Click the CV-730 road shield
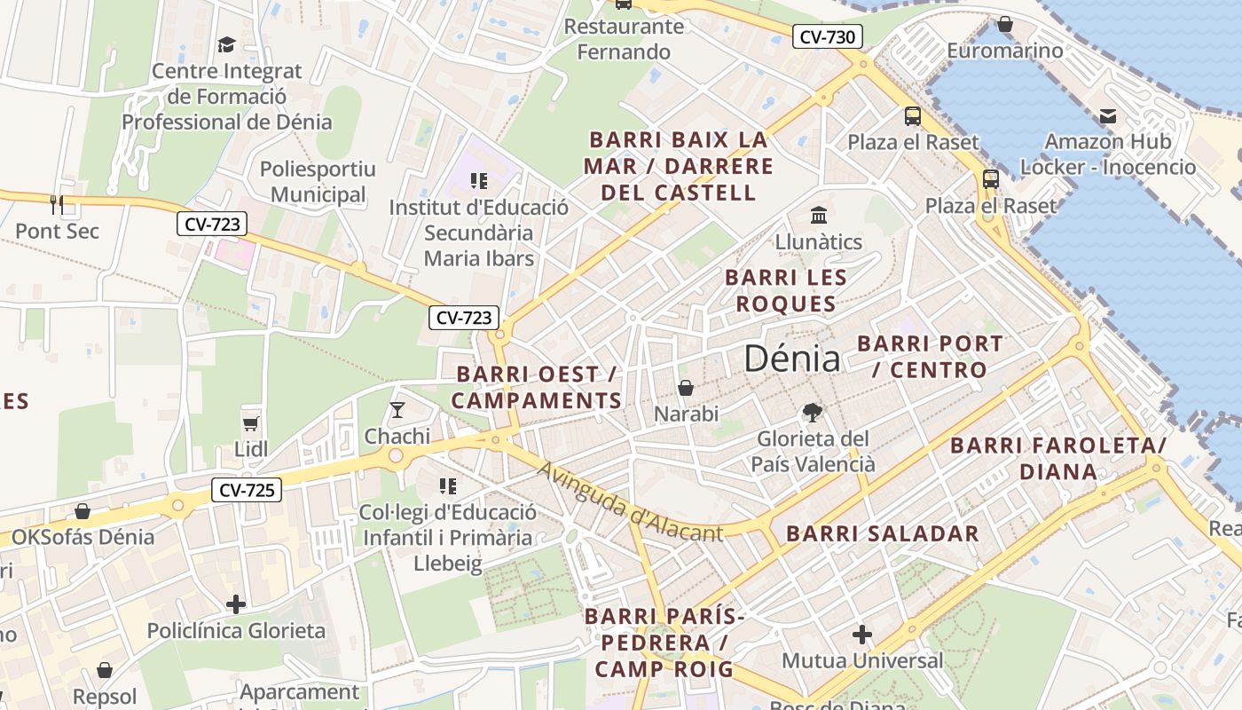[x=827, y=37]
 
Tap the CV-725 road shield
[x=246, y=489]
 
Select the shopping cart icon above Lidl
[x=251, y=423]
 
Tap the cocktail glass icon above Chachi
[x=397, y=410]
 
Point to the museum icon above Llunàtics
[x=818, y=215]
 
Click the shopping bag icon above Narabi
[x=685, y=388]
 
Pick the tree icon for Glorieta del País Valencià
[x=812, y=412]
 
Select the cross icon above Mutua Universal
[x=861, y=635]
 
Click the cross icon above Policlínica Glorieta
[x=235, y=604]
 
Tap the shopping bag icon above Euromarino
[x=1004, y=24]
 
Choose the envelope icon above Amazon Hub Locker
[x=1107, y=115]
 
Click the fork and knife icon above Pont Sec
[x=57, y=204]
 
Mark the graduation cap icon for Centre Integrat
[x=226, y=44]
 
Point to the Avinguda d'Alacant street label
[x=630, y=502]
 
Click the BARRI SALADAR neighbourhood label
[x=883, y=533]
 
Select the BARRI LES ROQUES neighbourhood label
[x=785, y=290]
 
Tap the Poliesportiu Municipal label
[x=318, y=182]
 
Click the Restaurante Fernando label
[x=625, y=39]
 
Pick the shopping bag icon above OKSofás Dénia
[x=83, y=511]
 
